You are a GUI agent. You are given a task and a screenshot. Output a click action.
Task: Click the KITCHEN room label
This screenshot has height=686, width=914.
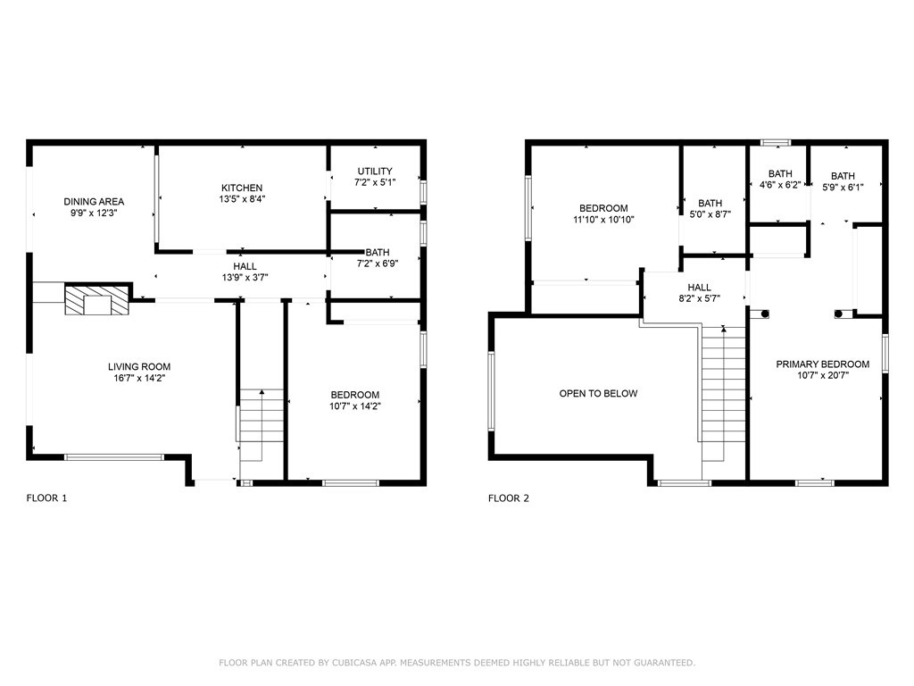[x=242, y=188]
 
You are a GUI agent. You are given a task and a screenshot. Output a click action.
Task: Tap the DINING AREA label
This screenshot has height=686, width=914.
[x=94, y=202]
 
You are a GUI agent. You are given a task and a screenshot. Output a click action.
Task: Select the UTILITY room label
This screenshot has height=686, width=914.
[x=375, y=171]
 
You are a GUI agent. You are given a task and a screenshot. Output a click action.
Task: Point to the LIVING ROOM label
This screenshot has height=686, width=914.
[x=139, y=367]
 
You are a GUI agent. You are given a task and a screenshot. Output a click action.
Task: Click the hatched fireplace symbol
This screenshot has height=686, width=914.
[x=96, y=299]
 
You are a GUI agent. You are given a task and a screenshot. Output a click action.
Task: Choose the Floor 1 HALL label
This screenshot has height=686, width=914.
[x=245, y=266]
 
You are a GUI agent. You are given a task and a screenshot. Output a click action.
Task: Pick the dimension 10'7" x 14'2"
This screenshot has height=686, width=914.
[x=355, y=406]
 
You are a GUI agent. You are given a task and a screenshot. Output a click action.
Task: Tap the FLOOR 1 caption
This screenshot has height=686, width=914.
[x=46, y=498]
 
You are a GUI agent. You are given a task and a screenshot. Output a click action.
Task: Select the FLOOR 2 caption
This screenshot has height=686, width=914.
[x=509, y=498]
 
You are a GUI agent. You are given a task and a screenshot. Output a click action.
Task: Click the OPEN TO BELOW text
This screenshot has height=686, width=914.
[x=598, y=394]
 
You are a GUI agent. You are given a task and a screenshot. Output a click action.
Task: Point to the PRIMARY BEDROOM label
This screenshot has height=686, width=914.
[x=822, y=364]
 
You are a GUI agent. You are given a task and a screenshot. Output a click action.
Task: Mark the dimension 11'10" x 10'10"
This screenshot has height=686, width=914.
[x=603, y=220]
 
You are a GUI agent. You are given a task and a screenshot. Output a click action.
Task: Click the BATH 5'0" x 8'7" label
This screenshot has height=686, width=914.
[x=710, y=209]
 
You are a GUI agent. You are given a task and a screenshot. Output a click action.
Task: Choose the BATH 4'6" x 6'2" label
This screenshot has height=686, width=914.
[x=780, y=180]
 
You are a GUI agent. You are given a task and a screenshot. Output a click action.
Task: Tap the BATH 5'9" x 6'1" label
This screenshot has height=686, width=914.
[x=843, y=181]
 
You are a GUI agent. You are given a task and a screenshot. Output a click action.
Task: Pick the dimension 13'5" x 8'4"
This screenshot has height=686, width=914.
[x=242, y=199]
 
